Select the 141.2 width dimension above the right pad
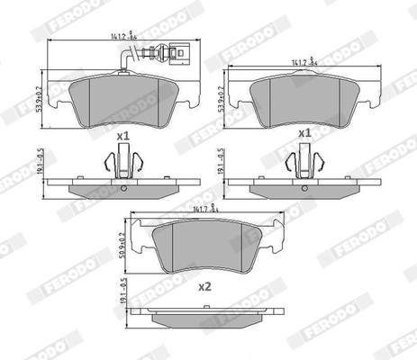point(301,62)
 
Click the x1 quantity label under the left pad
point(122,135)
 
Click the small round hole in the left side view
point(123,190)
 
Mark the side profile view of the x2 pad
point(206,317)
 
